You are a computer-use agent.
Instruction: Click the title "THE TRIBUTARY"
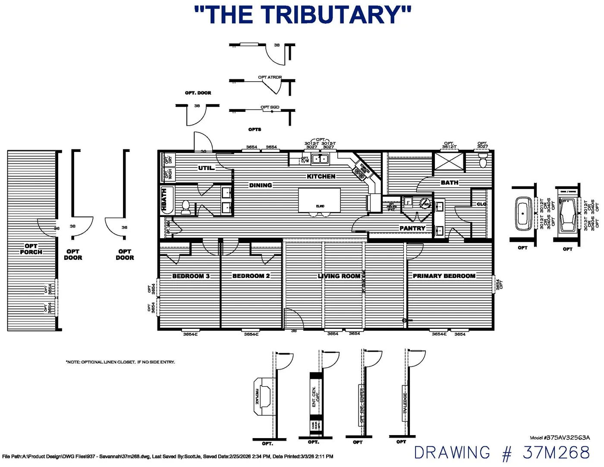pos(302,16)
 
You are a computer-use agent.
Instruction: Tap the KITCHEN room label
pos(321,177)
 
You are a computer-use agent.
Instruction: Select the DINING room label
pos(261,186)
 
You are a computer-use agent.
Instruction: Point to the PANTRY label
pos(412,228)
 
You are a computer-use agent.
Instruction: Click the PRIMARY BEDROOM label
pos(444,276)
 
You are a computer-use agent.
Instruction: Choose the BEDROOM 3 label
pos(191,276)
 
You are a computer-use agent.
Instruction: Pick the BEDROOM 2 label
pos(251,276)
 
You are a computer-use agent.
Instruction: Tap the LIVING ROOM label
pos(339,276)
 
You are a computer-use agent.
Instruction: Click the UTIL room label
pos(206,168)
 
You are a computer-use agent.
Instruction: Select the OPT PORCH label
pos(31,249)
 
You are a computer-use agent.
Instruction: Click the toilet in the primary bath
pos(483,162)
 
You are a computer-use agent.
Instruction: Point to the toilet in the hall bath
pos(186,207)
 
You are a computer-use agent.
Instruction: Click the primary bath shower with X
pos(449,161)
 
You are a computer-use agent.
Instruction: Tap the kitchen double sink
pos(320,159)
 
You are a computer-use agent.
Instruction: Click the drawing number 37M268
pos(501,453)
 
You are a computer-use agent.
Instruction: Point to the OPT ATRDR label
pos(270,77)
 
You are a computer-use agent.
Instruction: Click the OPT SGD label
pos(270,107)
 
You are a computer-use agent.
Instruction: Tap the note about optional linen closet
pos(120,362)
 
